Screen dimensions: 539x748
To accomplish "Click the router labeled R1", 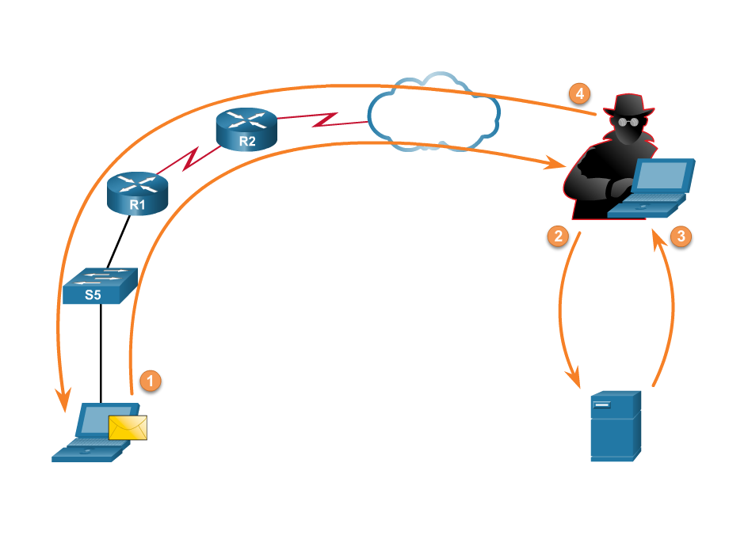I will pyautogui.click(x=138, y=193).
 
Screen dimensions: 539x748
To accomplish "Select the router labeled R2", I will pyautogui.click(x=246, y=128).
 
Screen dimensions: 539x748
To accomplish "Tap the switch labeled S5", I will pyautogui.click(x=100, y=287).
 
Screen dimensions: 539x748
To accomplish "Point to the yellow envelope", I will pyautogui.click(x=128, y=427).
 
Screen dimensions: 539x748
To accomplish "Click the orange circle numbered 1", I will pyautogui.click(x=150, y=380).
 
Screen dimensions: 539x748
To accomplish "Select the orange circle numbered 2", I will pyautogui.click(x=558, y=235).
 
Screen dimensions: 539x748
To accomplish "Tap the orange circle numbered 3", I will pyautogui.click(x=681, y=235).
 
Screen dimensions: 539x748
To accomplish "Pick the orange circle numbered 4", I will pyautogui.click(x=580, y=93).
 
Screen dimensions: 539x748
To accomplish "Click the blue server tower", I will pyautogui.click(x=615, y=425).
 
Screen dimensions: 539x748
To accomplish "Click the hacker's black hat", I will pyautogui.click(x=629, y=104).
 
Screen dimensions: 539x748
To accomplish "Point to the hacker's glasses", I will pyautogui.click(x=628, y=122).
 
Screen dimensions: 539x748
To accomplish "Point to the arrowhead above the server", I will pyautogui.click(x=575, y=380).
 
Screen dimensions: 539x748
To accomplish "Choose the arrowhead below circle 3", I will pyautogui.click(x=657, y=237).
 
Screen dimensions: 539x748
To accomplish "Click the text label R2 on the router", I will pyautogui.click(x=247, y=142).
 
